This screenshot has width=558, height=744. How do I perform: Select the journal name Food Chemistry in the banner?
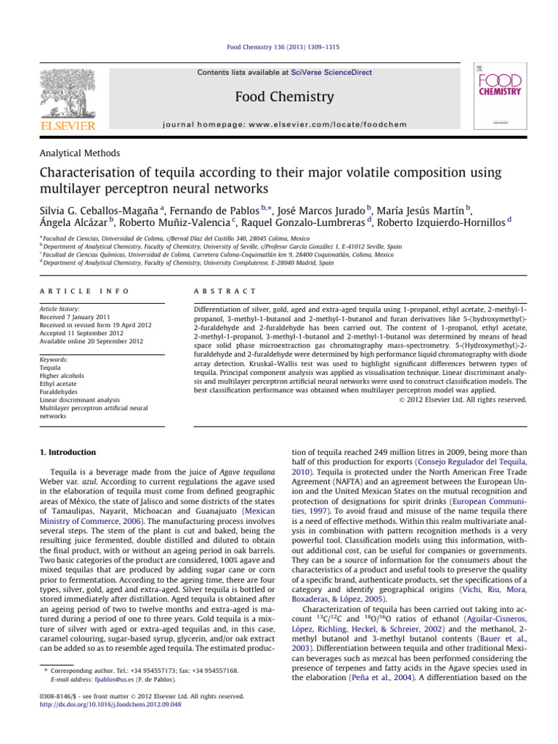pos(278,97)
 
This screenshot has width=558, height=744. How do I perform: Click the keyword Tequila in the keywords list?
pos(53,367)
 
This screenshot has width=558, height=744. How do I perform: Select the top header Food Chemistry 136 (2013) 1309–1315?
pos(279,47)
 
